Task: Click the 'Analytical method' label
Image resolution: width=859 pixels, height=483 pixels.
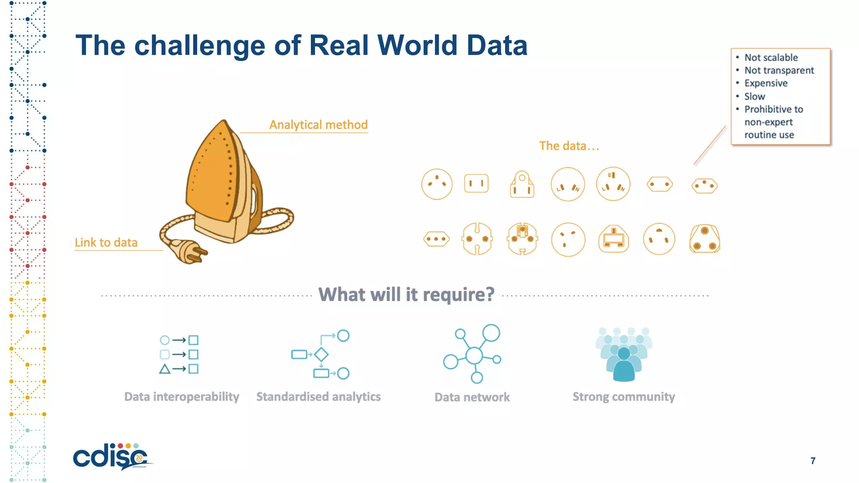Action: (318, 125)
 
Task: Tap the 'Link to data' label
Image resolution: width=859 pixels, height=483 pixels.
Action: (106, 243)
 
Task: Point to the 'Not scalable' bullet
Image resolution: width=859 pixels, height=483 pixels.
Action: (770, 57)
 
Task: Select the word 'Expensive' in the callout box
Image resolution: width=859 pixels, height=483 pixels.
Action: (765, 83)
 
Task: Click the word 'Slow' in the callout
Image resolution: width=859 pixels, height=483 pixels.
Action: (754, 96)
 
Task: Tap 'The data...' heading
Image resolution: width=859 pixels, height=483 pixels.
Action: (569, 146)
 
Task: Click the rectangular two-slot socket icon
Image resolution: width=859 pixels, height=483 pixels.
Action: (476, 184)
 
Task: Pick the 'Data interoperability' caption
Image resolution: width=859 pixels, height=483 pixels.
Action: (182, 397)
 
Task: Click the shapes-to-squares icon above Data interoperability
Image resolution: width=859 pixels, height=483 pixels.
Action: (179, 354)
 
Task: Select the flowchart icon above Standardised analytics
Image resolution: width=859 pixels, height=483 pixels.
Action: (321, 354)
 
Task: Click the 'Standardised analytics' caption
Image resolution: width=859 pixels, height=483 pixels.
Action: (318, 397)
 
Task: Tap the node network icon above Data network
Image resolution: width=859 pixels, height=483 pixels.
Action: (473, 354)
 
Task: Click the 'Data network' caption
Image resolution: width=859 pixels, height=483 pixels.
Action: (472, 397)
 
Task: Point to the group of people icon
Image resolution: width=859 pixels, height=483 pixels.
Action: (624, 354)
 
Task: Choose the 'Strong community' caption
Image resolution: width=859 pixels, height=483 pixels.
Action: (624, 397)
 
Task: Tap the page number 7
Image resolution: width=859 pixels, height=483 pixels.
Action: (813, 461)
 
